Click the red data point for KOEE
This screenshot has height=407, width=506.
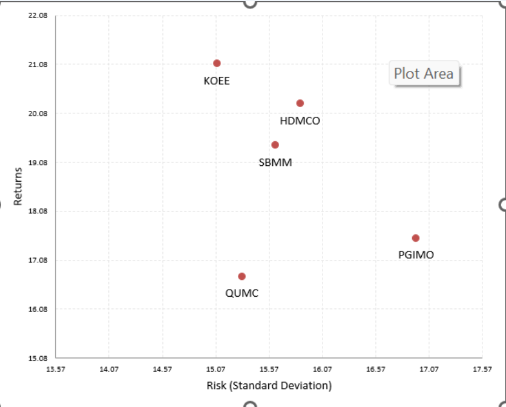pos(217,64)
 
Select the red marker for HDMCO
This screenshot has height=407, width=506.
pos(300,104)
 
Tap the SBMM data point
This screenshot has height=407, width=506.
pos(275,145)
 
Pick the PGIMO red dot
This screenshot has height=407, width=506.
pos(415,238)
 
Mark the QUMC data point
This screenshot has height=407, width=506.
pos(241,276)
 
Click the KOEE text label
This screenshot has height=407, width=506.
pos(217,81)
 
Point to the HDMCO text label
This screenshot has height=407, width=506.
pos(300,121)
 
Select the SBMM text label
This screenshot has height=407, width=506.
pos(275,162)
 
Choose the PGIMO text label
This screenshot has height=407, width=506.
pos(416,255)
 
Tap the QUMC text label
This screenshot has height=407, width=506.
pos(241,294)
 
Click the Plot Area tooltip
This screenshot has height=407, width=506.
pos(424,74)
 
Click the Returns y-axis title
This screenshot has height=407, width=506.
pos(18,187)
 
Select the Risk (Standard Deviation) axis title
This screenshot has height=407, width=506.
pos(269,385)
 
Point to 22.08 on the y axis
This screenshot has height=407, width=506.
pos(38,16)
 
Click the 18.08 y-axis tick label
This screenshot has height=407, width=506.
pos(38,211)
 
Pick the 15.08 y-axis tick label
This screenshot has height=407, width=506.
pos(38,358)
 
